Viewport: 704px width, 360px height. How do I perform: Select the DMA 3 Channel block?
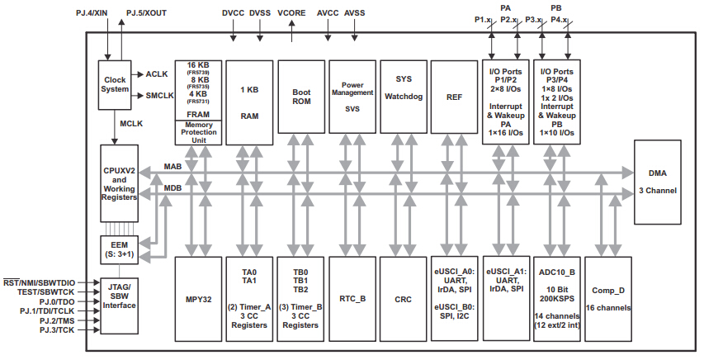coord(657,182)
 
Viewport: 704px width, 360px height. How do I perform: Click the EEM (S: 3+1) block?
coord(120,250)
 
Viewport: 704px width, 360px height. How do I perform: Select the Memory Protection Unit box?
coord(198,132)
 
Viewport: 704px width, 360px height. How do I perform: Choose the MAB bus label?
coord(172,167)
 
